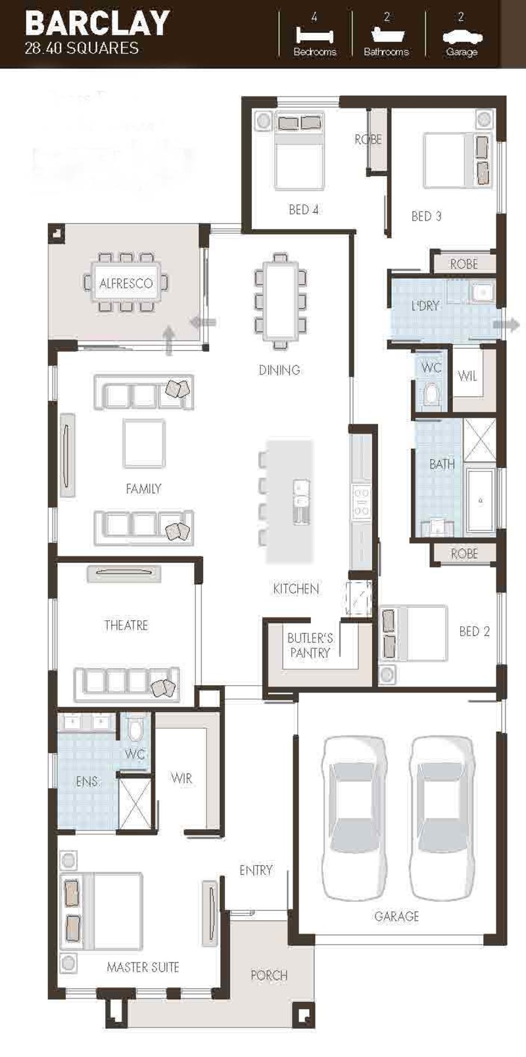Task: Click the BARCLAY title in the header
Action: click(x=97, y=24)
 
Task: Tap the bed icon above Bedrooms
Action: click(x=314, y=36)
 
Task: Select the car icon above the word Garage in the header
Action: click(x=462, y=37)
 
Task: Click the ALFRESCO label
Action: click(x=126, y=283)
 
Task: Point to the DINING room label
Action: click(x=279, y=370)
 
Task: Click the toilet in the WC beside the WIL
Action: click(x=431, y=394)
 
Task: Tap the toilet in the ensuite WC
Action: click(x=135, y=730)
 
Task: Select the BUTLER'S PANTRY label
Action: click(x=310, y=646)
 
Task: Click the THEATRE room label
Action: click(x=126, y=625)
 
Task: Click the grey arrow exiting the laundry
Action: click(x=507, y=325)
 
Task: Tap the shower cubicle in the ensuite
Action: click(x=135, y=803)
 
